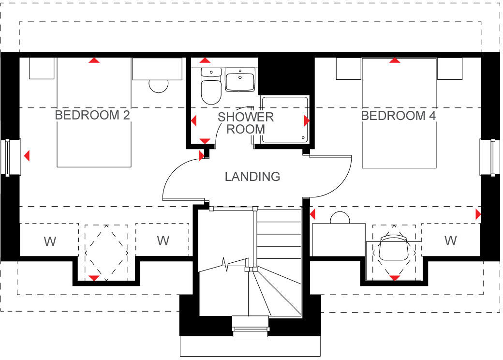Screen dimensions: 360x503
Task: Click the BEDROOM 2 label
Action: tap(92, 116)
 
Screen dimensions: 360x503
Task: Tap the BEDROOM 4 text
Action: tap(399, 116)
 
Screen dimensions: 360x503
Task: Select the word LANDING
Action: tap(252, 177)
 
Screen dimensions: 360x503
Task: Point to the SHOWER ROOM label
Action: tap(246, 123)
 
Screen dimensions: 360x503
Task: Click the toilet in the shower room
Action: tap(211, 87)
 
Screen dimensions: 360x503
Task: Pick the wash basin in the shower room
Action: tap(239, 80)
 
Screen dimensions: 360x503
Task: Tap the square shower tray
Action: tap(284, 120)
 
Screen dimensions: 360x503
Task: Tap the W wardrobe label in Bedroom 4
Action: tap(450, 240)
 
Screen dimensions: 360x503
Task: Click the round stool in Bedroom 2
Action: tap(158, 86)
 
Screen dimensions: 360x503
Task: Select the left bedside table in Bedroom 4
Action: tap(348, 69)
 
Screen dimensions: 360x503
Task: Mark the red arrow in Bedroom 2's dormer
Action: tap(94, 278)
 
